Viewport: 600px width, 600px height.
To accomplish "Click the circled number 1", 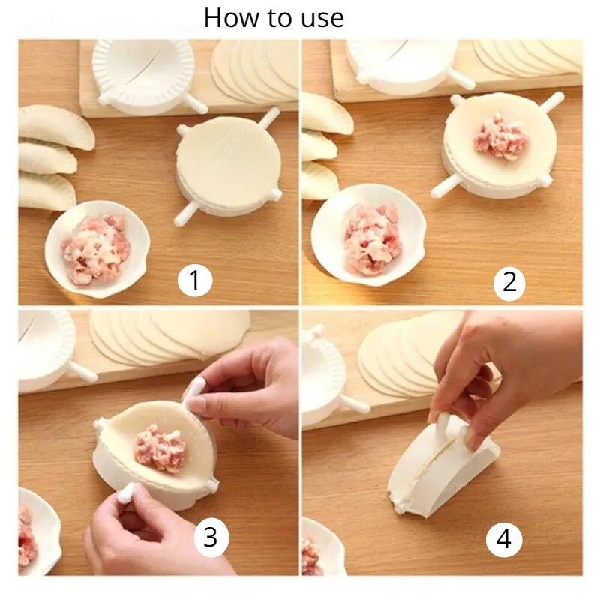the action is click(x=195, y=280).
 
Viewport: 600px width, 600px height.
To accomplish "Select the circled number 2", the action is click(x=509, y=283).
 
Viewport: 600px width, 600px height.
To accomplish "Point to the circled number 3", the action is click(x=211, y=536).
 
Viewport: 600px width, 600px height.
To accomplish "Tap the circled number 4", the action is click(x=503, y=539).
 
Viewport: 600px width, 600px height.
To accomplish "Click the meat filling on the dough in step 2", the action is click(x=500, y=138).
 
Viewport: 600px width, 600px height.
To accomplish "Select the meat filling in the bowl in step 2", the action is click(x=371, y=240).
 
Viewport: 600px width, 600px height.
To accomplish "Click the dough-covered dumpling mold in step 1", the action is click(x=229, y=166).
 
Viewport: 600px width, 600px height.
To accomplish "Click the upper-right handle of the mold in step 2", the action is click(x=552, y=100).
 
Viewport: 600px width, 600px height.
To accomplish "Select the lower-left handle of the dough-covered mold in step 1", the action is click(x=185, y=214).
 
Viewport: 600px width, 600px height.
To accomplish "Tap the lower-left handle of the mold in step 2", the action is click(x=445, y=186).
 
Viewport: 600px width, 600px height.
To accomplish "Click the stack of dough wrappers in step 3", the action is click(x=168, y=336).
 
